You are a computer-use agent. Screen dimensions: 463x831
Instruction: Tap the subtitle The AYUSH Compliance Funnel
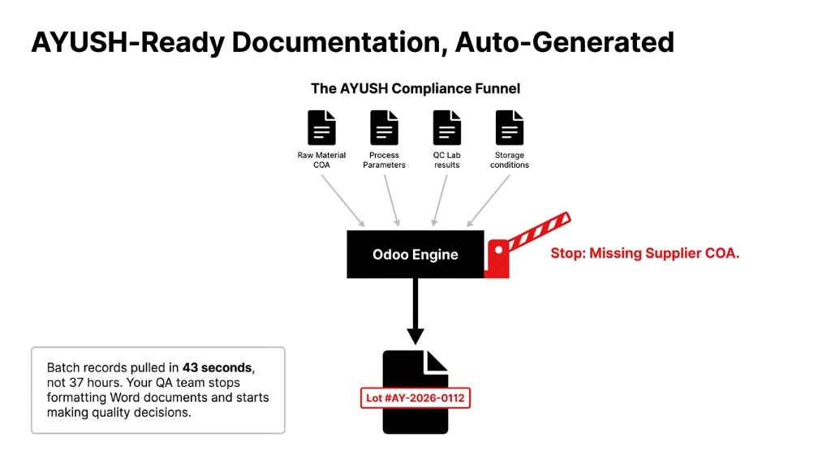(x=415, y=88)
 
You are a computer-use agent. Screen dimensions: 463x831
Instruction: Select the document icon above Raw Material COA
(x=321, y=128)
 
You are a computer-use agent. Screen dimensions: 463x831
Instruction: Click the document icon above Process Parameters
(x=384, y=128)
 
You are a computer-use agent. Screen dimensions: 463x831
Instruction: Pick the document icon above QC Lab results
(x=446, y=128)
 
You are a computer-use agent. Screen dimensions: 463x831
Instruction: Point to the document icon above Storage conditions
(x=510, y=128)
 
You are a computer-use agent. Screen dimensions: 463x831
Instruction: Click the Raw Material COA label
(x=321, y=160)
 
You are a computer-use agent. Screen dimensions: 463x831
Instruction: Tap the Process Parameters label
(x=384, y=160)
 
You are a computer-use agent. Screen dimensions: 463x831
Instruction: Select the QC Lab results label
(x=446, y=160)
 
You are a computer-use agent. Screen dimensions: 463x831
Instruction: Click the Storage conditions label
(x=510, y=160)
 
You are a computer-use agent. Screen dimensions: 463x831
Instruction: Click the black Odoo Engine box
(x=415, y=255)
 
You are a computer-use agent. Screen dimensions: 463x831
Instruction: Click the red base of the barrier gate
(x=497, y=261)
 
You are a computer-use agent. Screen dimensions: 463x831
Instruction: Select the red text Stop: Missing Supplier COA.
(x=644, y=253)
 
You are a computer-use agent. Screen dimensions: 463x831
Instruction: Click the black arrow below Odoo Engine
(x=415, y=312)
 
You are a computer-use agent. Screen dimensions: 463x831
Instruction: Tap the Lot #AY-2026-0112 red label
(x=415, y=398)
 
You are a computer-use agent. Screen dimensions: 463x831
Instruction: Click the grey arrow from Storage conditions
(x=489, y=199)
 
